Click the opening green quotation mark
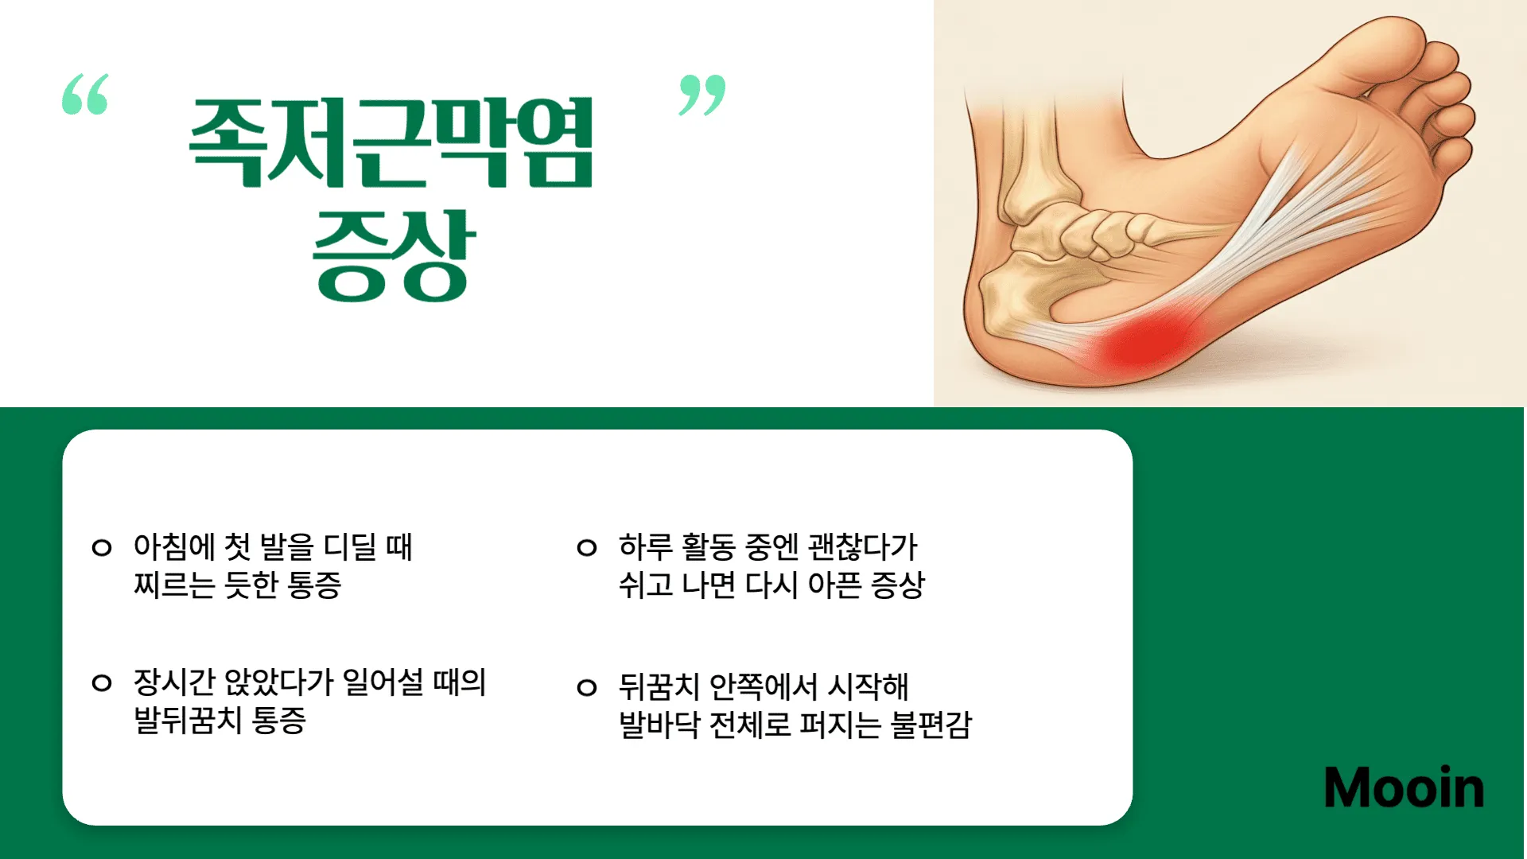tap(85, 94)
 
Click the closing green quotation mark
tap(701, 95)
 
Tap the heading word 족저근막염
tap(391, 143)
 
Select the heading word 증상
tap(394, 256)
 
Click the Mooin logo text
tap(1404, 788)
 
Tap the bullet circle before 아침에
tap(102, 547)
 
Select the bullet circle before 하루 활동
tap(587, 547)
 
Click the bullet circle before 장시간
tap(102, 682)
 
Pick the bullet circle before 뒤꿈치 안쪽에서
tap(587, 687)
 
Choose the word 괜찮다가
tap(863, 547)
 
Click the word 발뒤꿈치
tap(188, 721)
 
